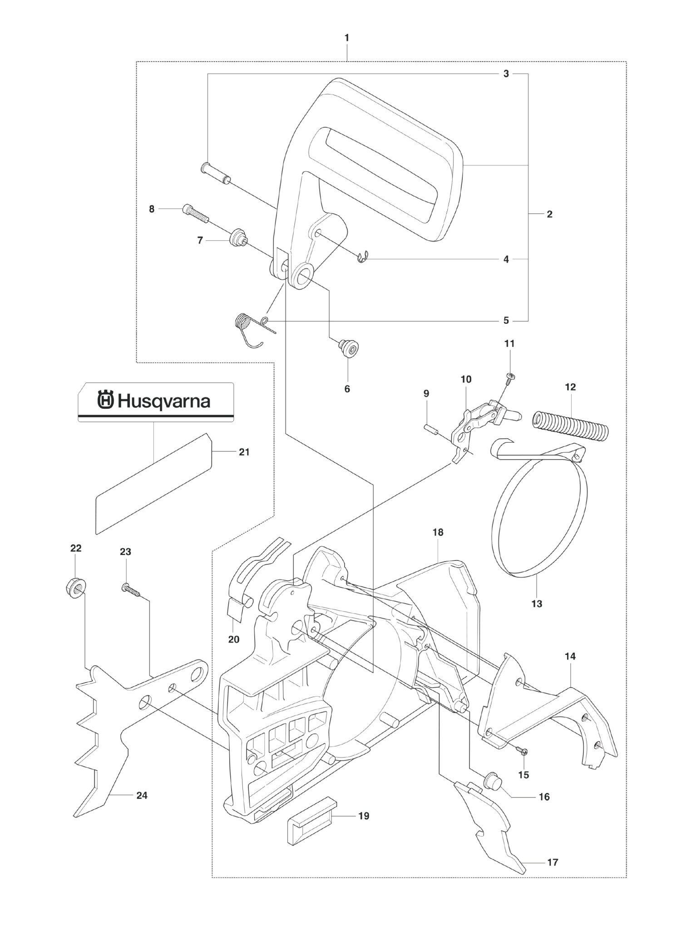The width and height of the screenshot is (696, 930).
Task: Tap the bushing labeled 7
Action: click(237, 238)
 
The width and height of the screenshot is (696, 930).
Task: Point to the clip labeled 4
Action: click(362, 257)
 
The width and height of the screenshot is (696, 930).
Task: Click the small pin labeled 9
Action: click(431, 428)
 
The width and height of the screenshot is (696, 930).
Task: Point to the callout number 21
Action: click(244, 452)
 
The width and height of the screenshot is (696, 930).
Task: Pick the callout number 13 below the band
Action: click(537, 604)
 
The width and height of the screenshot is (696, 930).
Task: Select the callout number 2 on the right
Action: click(549, 214)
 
